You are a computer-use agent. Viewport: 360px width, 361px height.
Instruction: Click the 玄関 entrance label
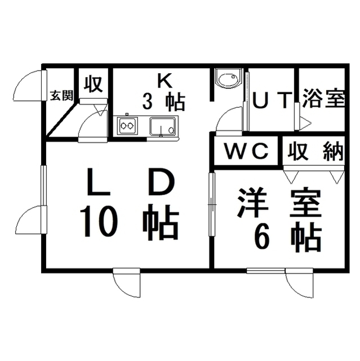coord(61,95)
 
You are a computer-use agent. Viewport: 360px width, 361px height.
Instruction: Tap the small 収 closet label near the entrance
coord(93,84)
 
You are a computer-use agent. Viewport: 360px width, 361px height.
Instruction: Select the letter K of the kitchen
coord(165,81)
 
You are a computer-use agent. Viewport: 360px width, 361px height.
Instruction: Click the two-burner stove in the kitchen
coord(127,126)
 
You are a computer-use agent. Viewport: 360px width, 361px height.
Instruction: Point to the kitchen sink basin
coord(163,126)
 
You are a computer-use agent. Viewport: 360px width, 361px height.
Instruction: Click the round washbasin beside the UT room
coord(229,78)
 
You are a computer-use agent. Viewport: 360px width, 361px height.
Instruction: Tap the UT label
coord(272,100)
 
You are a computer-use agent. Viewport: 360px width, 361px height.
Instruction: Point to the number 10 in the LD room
coord(99,221)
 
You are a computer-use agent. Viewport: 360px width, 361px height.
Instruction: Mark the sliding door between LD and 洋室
coord(212,204)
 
